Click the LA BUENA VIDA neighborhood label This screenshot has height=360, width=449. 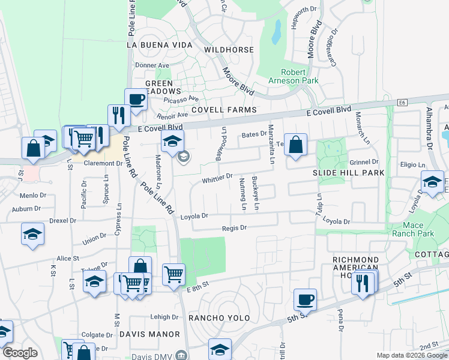pyautogui.click(x=160, y=45)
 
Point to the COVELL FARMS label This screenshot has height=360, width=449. pyautogui.click(x=224, y=110)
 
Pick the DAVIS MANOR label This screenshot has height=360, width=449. pyautogui.click(x=149, y=334)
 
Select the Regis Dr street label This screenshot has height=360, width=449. pyautogui.click(x=235, y=228)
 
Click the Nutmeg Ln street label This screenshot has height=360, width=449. pyautogui.click(x=243, y=194)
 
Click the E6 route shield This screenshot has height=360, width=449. pyautogui.click(x=402, y=103)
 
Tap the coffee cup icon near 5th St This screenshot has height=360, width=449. pyautogui.click(x=305, y=300)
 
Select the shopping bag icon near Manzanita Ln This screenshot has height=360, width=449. pyautogui.click(x=295, y=145)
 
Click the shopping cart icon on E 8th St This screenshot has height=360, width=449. pyautogui.click(x=173, y=274)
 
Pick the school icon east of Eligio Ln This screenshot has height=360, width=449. pyautogui.click(x=432, y=182)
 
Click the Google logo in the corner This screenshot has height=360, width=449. pyautogui.click(x=20, y=353)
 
